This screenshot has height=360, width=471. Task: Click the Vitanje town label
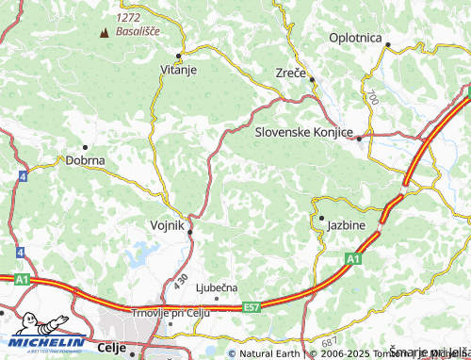(x=178, y=70)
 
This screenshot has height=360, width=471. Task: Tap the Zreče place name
(x=290, y=73)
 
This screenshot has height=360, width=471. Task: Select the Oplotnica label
(x=355, y=38)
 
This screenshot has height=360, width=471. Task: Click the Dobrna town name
(x=85, y=160)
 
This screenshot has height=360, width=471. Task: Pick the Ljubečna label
(x=217, y=286)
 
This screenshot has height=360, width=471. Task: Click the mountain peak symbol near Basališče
(x=104, y=32)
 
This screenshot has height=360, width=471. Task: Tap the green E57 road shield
(x=252, y=306)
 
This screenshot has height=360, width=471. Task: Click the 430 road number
(x=181, y=280)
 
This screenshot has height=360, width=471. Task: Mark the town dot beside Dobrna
(x=85, y=147)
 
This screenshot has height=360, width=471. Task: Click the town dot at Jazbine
(x=321, y=219)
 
